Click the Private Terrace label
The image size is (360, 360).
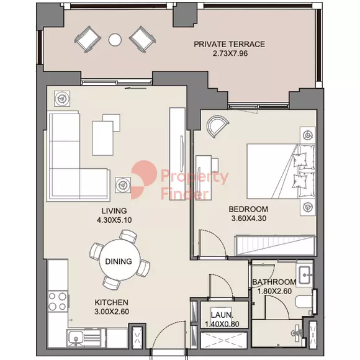coord(230,44)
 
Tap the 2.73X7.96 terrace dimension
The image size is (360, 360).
coord(230,53)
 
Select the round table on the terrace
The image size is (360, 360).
coord(115,40)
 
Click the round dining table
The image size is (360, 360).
coord(120,259)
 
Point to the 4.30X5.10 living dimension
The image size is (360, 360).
coord(114,220)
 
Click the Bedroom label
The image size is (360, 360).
coord(248,209)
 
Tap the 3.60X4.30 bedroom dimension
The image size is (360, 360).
coord(249,218)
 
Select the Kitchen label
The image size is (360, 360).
coord(112,302)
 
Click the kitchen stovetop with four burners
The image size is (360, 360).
coord(58,302)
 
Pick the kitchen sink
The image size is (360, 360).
coord(76,338)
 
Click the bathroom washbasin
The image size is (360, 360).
coord(305,275)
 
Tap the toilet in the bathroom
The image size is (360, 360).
coord(304,302)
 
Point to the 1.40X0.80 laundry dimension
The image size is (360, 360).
coord(222,324)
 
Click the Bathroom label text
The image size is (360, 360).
coord(274,282)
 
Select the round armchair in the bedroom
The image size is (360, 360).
coord(217,126)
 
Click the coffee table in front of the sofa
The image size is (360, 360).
coord(103,138)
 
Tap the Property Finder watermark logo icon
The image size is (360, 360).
coord(143,179)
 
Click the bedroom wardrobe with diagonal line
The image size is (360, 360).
coord(274,245)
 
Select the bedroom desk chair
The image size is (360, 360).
coord(215,164)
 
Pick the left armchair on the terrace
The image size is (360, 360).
coord(88,40)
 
